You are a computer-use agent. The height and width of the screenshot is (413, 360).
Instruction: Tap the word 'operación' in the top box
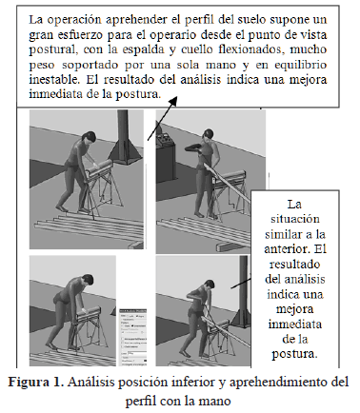(x=74, y=20)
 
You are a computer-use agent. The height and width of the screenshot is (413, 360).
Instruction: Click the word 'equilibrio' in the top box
(x=301, y=65)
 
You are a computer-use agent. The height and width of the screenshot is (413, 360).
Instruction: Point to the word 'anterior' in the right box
(x=287, y=249)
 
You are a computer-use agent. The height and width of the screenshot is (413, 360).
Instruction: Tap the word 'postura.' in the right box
(x=294, y=354)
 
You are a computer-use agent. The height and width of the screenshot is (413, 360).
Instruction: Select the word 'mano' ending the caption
(x=215, y=402)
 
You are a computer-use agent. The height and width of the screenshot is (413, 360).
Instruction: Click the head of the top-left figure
(x=89, y=138)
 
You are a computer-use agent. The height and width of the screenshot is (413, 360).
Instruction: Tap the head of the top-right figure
(x=209, y=134)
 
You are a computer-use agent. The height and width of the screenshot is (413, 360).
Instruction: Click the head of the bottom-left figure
(x=87, y=281)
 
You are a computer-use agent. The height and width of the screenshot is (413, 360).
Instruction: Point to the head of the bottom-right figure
(x=210, y=285)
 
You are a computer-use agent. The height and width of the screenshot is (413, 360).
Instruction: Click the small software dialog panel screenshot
(x=133, y=337)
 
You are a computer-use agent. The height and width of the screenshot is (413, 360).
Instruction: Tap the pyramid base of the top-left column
(x=126, y=152)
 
